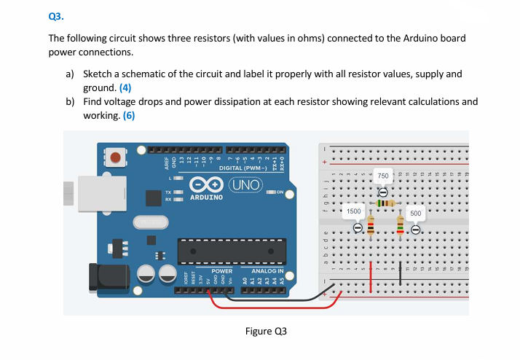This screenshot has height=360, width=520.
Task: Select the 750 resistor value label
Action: pyautogui.click(x=383, y=177)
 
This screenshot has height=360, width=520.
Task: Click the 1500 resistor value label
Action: pyautogui.click(x=354, y=211)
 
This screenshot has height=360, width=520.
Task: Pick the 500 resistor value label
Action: pyautogui.click(x=415, y=214)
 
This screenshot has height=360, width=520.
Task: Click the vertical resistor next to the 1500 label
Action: pyautogui.click(x=370, y=227)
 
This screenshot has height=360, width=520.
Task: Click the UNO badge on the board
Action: pyautogui.click(x=244, y=184)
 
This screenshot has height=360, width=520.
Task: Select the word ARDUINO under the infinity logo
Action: pyautogui.click(x=206, y=197)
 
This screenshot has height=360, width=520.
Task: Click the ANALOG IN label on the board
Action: pyautogui.click(x=267, y=270)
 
